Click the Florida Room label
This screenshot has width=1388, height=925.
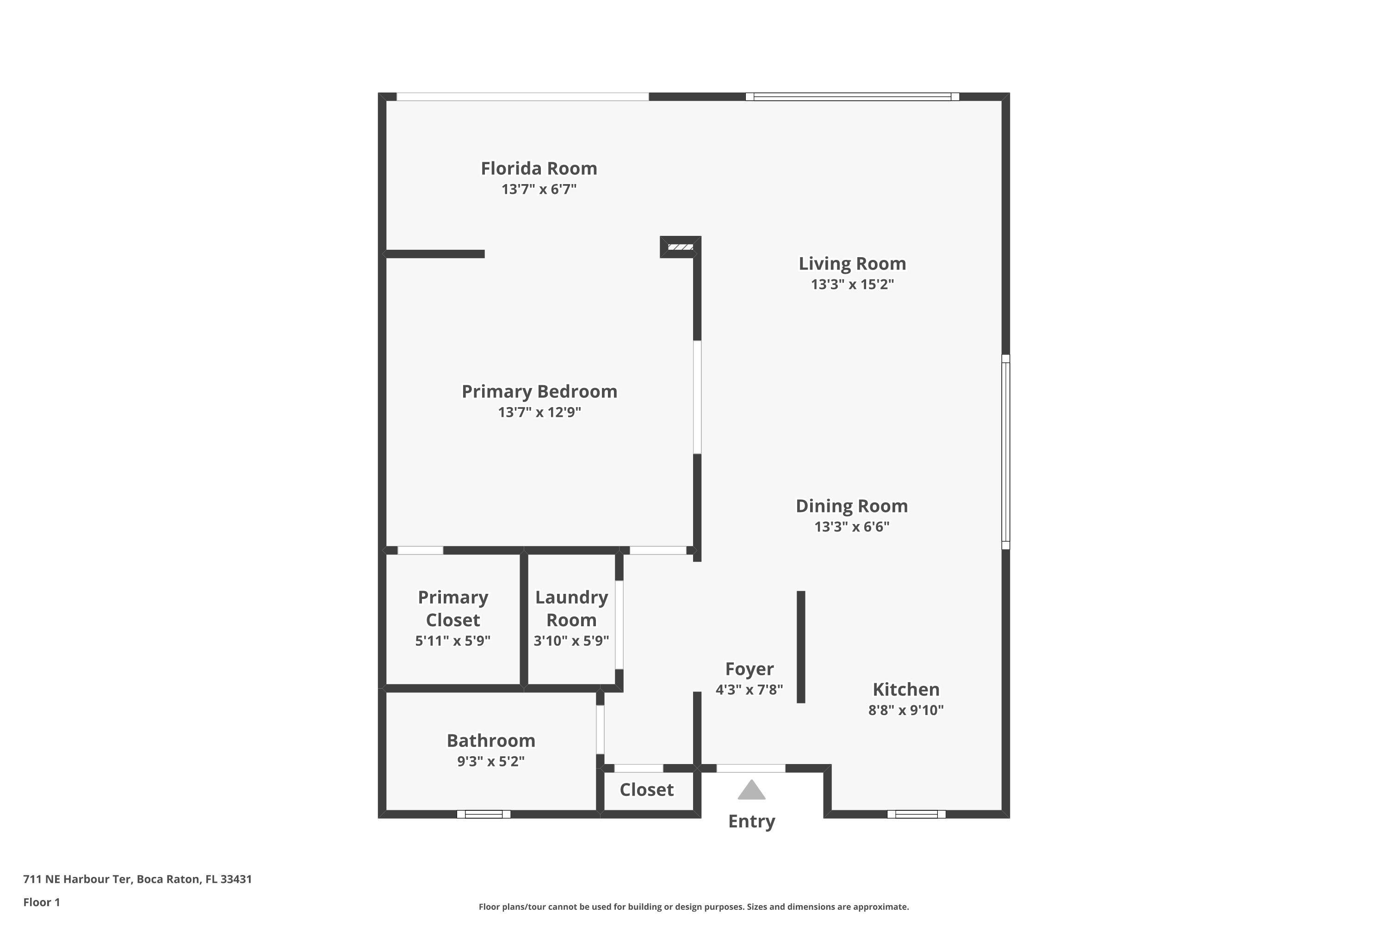click(x=539, y=169)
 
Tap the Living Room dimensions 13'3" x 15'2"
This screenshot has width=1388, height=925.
click(x=852, y=284)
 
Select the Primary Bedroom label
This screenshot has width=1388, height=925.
click(x=539, y=392)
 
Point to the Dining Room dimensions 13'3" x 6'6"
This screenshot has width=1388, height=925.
click(x=852, y=527)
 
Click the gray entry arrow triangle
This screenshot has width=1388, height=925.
click(x=751, y=790)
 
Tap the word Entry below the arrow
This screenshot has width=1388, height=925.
click(x=751, y=821)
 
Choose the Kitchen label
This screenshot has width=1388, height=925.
click(x=906, y=690)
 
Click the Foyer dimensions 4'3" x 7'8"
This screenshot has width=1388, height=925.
click(x=749, y=690)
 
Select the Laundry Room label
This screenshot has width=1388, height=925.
click(x=571, y=609)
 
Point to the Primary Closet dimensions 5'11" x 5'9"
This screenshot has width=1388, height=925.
click(x=452, y=641)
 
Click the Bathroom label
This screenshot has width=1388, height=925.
click(x=490, y=741)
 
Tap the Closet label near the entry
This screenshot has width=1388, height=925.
click(x=646, y=790)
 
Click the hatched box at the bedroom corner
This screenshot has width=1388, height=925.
click(x=681, y=247)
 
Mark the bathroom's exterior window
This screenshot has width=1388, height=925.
click(x=483, y=814)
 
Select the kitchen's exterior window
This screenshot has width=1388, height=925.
click(x=916, y=814)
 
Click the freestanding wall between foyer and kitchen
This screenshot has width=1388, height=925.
click(x=801, y=647)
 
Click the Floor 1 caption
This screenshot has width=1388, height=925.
click(x=41, y=902)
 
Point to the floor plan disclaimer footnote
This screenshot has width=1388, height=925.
click(x=694, y=906)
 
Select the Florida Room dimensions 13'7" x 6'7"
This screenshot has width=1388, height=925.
click(x=539, y=189)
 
